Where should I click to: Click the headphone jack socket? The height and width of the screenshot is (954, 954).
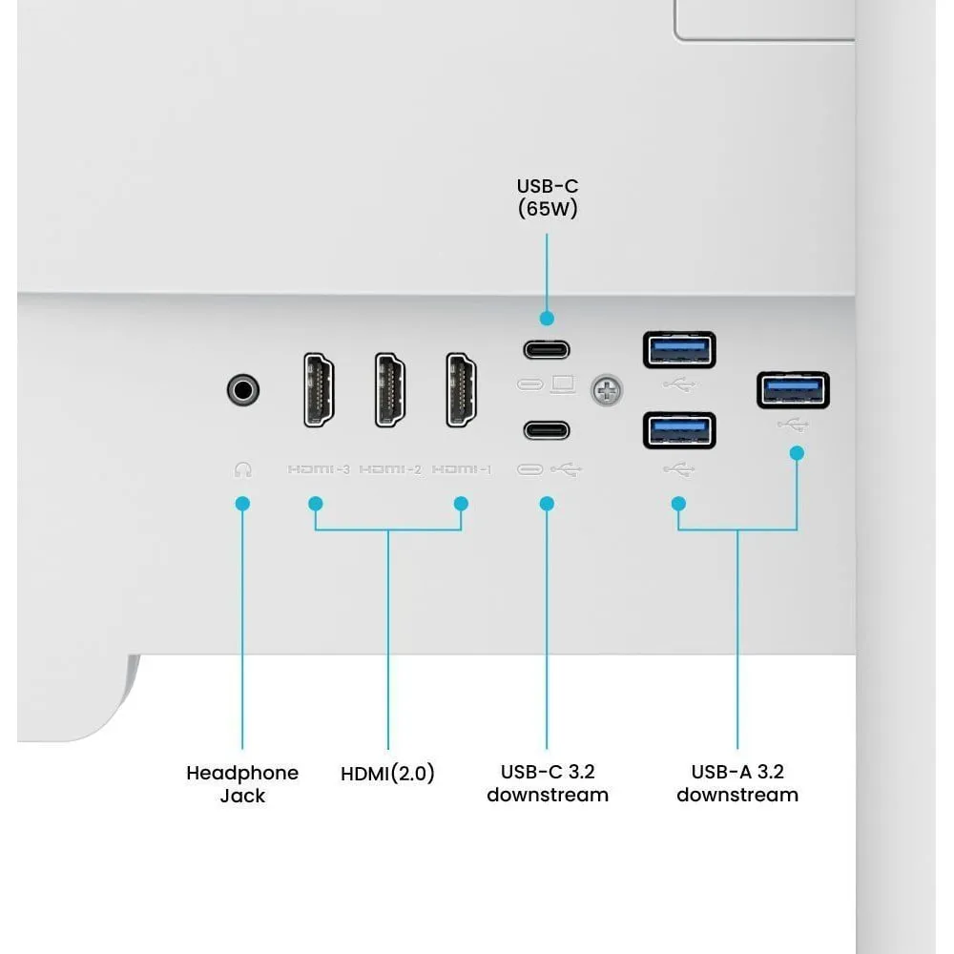click(243, 389)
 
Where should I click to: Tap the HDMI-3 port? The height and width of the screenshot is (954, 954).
click(318, 389)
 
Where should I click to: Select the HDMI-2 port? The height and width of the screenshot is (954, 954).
click(389, 389)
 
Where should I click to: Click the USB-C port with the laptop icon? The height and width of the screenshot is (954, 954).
click(547, 349)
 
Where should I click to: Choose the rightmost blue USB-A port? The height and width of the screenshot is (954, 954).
click(793, 388)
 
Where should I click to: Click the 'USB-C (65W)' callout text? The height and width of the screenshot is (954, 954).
click(548, 197)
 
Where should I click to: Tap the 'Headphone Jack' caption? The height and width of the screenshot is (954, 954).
click(242, 783)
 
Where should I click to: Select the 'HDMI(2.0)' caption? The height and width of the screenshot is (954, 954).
click(387, 774)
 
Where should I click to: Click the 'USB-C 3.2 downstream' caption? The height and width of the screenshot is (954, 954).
click(548, 783)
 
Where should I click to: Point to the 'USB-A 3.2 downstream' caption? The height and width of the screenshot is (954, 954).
click(737, 783)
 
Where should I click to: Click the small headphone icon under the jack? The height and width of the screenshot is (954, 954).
click(243, 469)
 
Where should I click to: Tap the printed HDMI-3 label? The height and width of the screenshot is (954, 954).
click(319, 469)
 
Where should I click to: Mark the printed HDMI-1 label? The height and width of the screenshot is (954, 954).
click(462, 469)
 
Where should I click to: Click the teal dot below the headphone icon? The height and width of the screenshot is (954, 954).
click(242, 502)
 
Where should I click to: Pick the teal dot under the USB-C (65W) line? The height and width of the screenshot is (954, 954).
click(547, 318)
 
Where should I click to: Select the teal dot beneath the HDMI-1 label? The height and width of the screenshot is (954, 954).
click(461, 502)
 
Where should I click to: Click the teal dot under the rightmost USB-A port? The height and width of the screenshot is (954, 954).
click(797, 453)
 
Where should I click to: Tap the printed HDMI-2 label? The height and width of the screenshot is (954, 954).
click(390, 469)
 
